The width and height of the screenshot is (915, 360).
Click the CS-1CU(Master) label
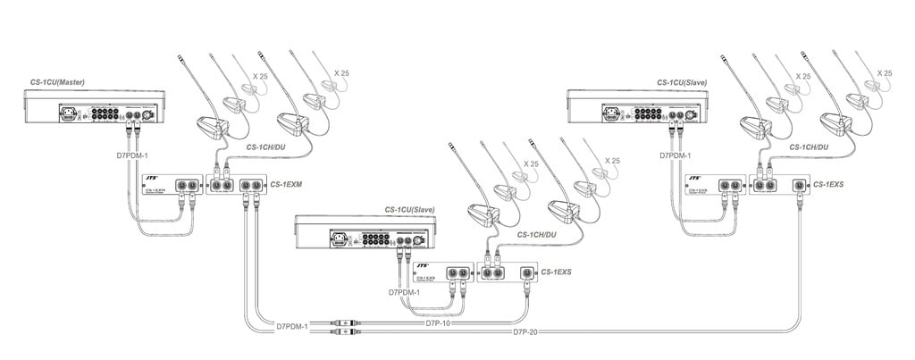[x=55, y=82]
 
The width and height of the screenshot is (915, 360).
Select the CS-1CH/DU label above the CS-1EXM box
[x=265, y=145]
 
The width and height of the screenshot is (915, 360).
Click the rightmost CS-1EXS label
[x=830, y=184]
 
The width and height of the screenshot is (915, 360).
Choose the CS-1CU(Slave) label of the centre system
[x=409, y=209]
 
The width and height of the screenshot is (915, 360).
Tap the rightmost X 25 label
[x=884, y=72]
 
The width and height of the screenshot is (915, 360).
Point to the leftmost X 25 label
[x=260, y=76]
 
